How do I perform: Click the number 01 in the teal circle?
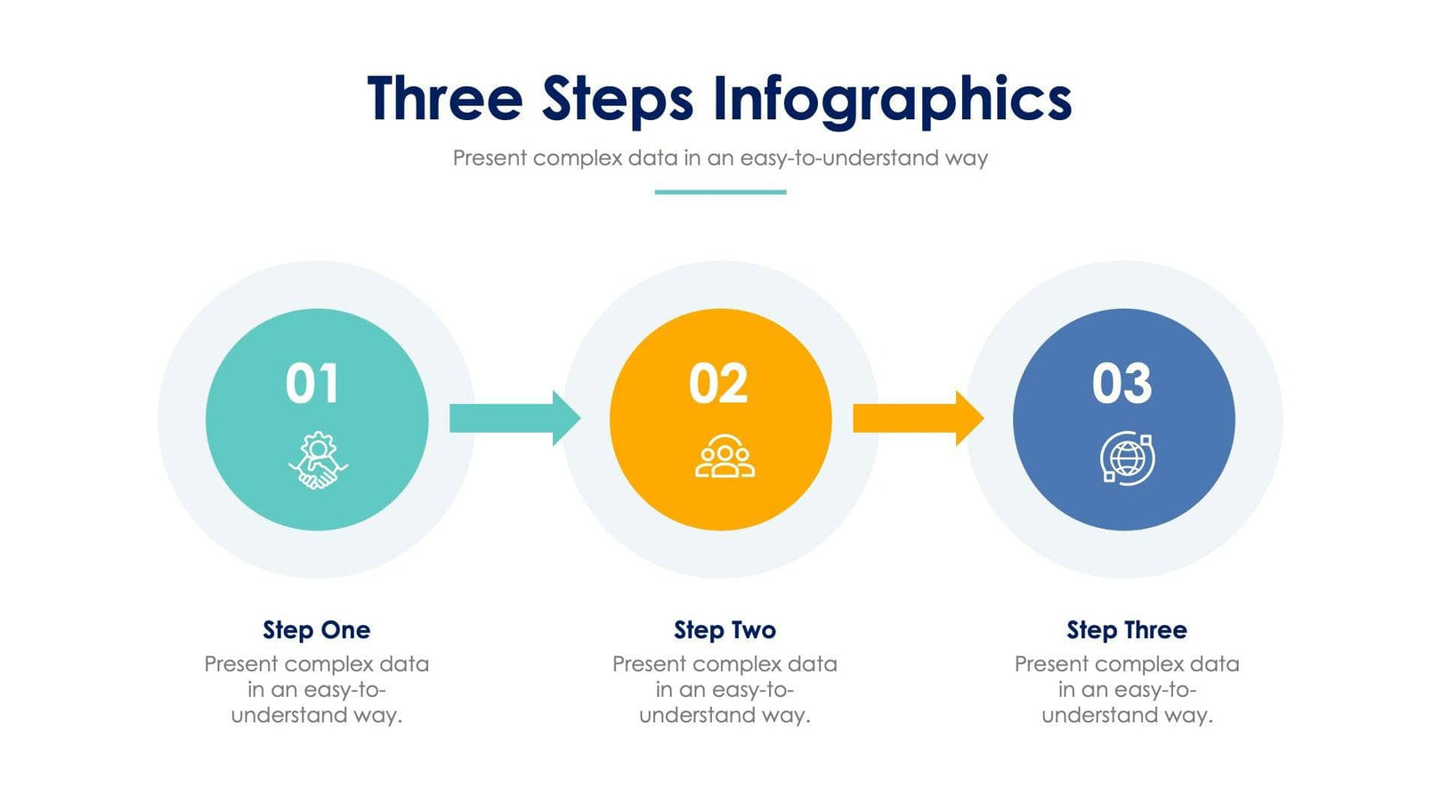tap(312, 384)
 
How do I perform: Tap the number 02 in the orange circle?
tap(718, 384)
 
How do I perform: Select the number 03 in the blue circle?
tap(1122, 384)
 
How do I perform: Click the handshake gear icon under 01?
tap(318, 460)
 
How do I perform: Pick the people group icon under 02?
tap(725, 458)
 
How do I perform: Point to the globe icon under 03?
tap(1127, 458)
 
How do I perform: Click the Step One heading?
tap(316, 630)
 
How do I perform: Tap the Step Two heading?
tap(725, 630)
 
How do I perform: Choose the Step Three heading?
tap(1127, 630)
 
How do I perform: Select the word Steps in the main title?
tap(618, 100)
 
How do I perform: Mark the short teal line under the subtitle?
tap(720, 191)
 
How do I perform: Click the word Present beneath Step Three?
tap(1051, 664)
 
